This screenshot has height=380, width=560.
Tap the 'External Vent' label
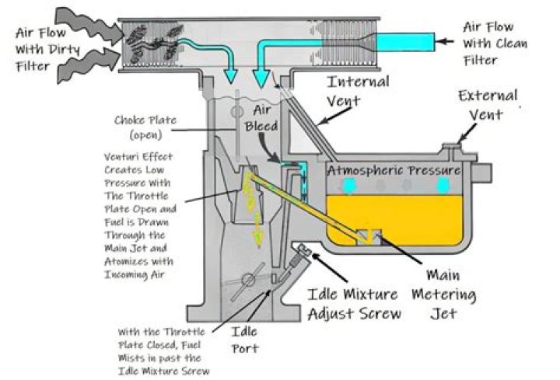click(x=488, y=106)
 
